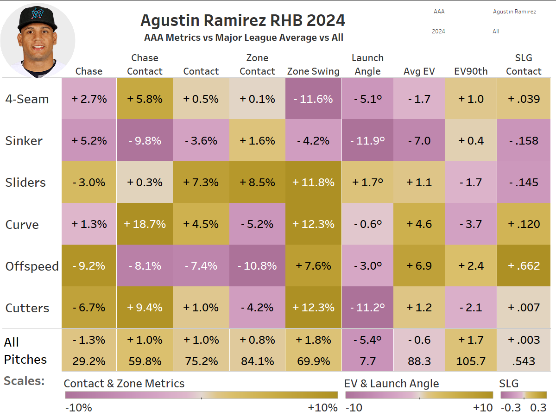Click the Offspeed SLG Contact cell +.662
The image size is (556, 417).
524,266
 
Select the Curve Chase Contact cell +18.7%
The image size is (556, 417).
145,224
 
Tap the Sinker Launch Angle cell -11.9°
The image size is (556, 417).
367,141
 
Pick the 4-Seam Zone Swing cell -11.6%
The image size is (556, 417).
313,99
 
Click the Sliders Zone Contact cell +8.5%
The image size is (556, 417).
257,183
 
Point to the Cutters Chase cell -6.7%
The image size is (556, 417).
89,308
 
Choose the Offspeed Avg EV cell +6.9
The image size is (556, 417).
419,266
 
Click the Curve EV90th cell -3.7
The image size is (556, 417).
471,224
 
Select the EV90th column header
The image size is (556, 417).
471,71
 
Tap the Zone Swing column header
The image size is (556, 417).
313,71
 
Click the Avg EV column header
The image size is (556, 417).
419,71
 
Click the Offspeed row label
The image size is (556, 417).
32,266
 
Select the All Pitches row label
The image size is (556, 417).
25,351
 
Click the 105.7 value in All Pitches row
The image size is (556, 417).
471,361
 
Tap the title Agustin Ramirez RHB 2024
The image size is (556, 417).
243,21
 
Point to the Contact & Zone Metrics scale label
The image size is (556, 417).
124,384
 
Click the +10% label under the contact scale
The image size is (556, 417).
322,408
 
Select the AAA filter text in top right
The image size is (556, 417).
439,12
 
